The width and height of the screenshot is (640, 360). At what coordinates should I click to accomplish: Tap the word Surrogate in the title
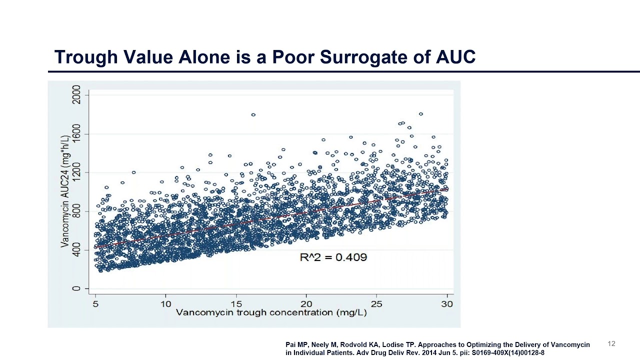pyautogui.click(x=374, y=57)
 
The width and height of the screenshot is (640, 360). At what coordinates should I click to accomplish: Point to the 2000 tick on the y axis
pyautogui.click(x=76, y=94)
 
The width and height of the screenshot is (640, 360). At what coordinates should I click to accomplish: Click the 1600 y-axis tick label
pyautogui.click(x=76, y=133)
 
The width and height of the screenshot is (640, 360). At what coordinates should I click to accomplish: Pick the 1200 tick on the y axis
pyautogui.click(x=76, y=172)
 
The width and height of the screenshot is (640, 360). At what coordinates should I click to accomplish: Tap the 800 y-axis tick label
pyautogui.click(x=76, y=211)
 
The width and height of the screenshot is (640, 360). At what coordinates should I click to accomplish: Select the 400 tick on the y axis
pyautogui.click(x=76, y=250)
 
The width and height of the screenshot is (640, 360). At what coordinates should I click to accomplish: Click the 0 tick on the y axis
pyautogui.click(x=76, y=288)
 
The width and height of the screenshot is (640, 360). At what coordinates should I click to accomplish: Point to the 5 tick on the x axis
pyautogui.click(x=95, y=303)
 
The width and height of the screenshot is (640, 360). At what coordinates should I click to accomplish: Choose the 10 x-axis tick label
pyautogui.click(x=165, y=303)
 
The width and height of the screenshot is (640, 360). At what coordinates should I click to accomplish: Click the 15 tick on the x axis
pyautogui.click(x=236, y=303)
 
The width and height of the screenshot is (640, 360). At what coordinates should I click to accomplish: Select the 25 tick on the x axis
pyautogui.click(x=376, y=303)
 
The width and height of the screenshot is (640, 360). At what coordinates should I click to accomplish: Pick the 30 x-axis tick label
pyautogui.click(x=447, y=303)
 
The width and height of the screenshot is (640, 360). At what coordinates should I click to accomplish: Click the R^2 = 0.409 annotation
pyautogui.click(x=333, y=257)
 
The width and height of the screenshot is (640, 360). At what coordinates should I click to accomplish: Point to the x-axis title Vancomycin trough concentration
pyautogui.click(x=271, y=312)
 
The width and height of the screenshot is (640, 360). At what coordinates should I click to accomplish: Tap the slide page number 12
pyautogui.click(x=611, y=343)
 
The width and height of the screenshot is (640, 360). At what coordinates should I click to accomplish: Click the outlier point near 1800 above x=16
pyautogui.click(x=253, y=114)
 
